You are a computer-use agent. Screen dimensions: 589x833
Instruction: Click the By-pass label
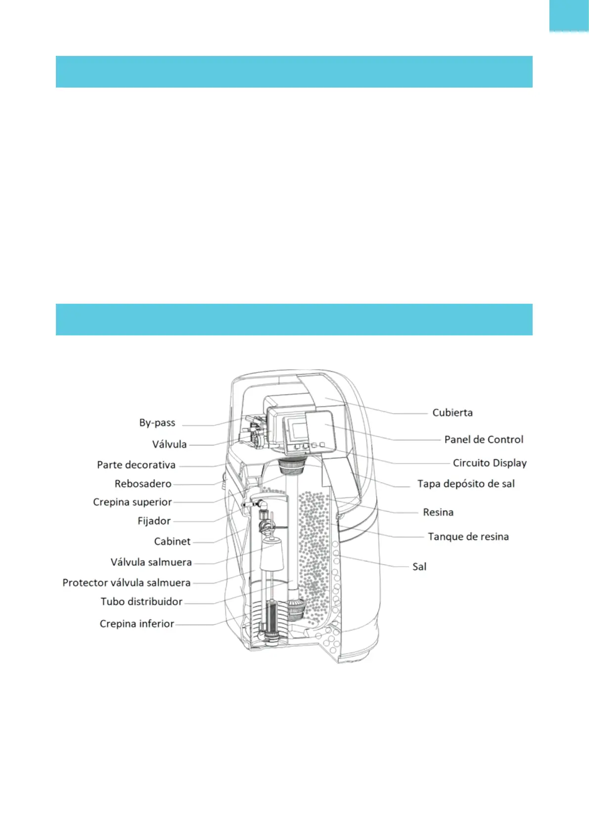[x=157, y=423]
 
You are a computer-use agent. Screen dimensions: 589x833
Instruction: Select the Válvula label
[x=170, y=444]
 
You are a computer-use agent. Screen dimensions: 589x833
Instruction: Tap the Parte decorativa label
[x=136, y=465]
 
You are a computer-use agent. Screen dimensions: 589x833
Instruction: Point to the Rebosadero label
[x=143, y=484]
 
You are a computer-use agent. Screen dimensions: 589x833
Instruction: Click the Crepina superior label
[x=133, y=502]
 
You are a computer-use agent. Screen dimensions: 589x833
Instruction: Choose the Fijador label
[x=154, y=521]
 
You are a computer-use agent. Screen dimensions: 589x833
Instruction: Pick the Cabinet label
[x=172, y=542]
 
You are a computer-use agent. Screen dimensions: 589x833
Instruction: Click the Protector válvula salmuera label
[x=127, y=583]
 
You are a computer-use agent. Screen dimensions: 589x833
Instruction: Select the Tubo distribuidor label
[x=141, y=602]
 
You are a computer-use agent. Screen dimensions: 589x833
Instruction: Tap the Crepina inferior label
[x=137, y=624]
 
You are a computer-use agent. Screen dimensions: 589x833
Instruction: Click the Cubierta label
[x=453, y=413]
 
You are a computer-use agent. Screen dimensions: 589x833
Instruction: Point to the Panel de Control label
[x=484, y=440]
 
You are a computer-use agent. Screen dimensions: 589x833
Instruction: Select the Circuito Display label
[x=490, y=463]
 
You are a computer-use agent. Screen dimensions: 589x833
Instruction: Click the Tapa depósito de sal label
[x=466, y=484]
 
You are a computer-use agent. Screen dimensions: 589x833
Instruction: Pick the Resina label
[x=438, y=512]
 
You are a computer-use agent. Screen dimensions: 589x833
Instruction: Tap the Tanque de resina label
[x=468, y=537]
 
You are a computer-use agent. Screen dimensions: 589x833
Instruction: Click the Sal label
[x=419, y=567]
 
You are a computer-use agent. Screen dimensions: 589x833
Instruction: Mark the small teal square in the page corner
[x=569, y=16]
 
